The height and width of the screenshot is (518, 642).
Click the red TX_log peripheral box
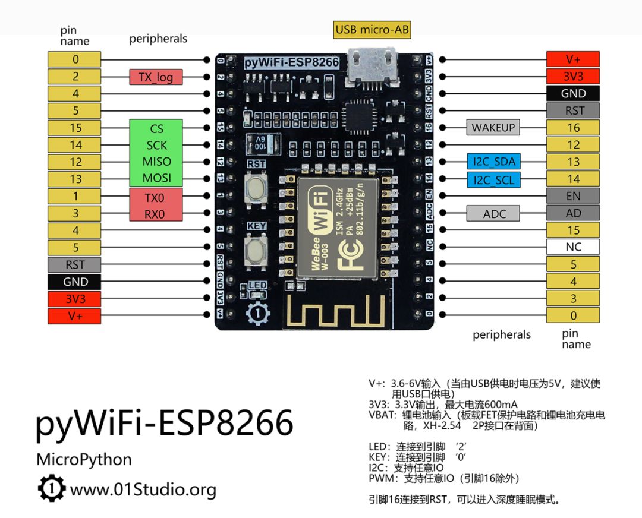156,77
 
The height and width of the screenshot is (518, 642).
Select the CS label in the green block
156,128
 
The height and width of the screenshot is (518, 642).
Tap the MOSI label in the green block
156,178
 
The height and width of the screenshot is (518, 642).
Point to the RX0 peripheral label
155,214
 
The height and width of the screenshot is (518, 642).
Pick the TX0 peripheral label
155,197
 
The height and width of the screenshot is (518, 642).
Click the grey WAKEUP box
493,127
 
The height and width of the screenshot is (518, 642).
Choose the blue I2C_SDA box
493,162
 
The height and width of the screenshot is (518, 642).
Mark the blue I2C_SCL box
493,179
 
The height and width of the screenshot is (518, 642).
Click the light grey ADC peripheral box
493,213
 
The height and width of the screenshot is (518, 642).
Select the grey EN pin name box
573,195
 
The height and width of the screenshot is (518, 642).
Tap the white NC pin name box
573,247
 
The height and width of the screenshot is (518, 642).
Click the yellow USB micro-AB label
372,30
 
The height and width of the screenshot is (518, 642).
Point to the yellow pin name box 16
573,127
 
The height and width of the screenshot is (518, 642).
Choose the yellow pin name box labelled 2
75,77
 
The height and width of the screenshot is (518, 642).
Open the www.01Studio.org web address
143,490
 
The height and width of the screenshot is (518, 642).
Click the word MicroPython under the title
84,459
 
